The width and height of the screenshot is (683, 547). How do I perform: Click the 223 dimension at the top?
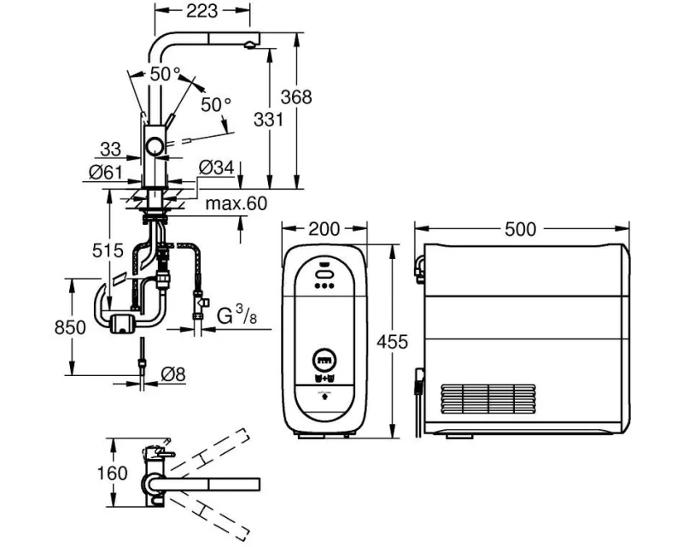[x=201, y=11]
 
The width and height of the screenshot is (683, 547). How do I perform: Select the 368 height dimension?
[x=296, y=97]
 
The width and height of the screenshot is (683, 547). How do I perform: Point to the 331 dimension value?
[x=268, y=119]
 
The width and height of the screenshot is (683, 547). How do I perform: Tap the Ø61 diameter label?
[x=106, y=173]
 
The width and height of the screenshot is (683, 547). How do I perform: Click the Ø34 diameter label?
[x=217, y=167]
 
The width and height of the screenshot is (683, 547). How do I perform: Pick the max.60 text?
[x=236, y=203]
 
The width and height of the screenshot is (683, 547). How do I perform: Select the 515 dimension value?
[x=108, y=250]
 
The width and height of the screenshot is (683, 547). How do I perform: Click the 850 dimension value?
[x=70, y=327]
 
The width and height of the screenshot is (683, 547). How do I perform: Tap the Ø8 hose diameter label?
[x=173, y=373]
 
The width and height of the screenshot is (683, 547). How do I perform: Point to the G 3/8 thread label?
[x=236, y=315]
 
